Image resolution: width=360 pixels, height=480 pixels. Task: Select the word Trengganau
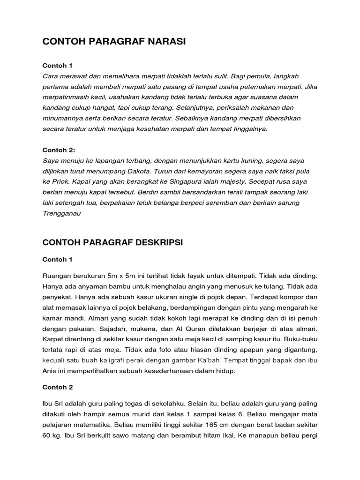click(x=61, y=213)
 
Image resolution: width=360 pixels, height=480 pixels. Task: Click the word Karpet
click(x=53, y=339)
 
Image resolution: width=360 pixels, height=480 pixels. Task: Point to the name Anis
click(x=50, y=371)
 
